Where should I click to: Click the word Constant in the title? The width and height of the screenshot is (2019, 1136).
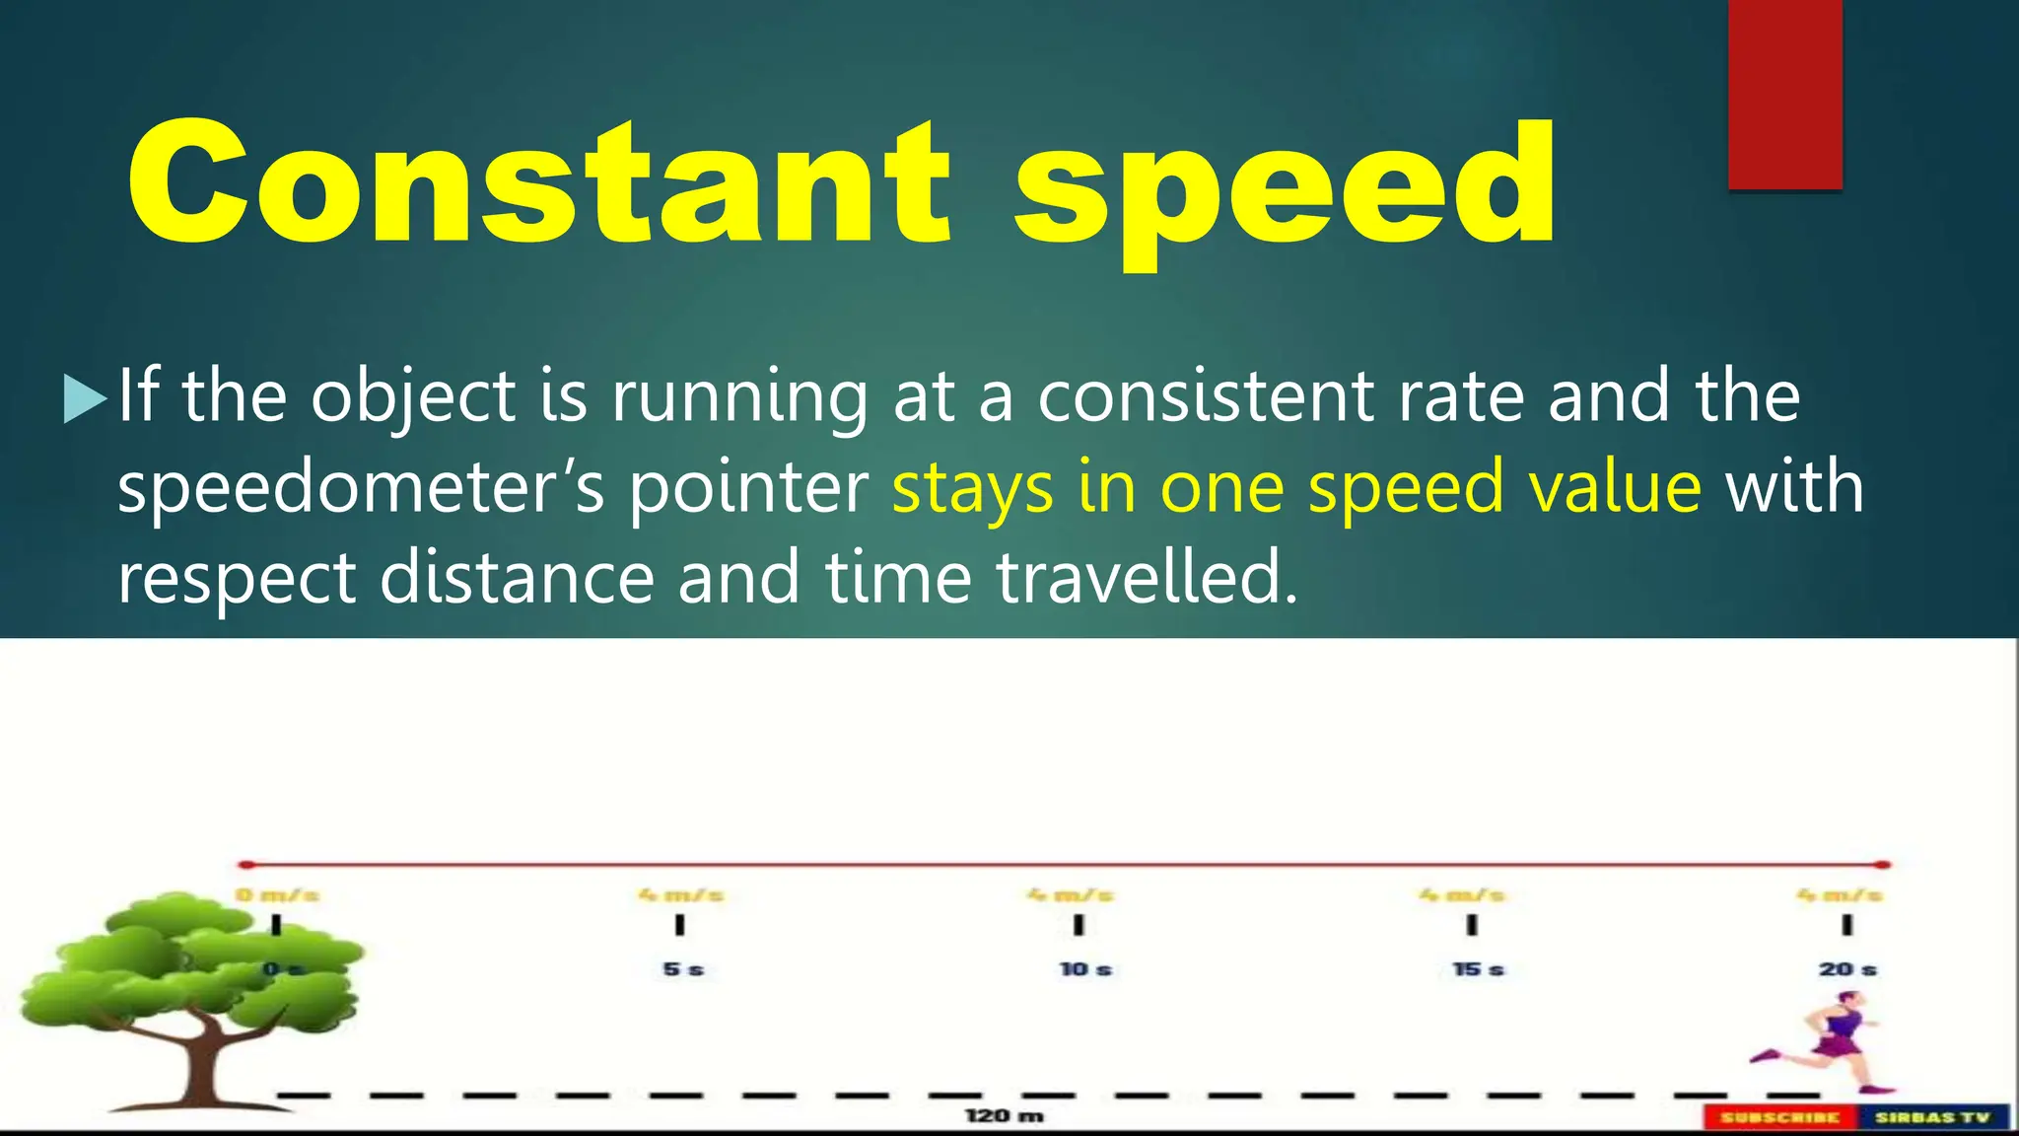[538, 182]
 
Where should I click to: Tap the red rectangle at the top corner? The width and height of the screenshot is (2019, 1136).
[1785, 94]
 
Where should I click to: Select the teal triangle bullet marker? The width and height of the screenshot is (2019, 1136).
[85, 398]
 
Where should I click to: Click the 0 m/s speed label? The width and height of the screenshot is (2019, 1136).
[277, 895]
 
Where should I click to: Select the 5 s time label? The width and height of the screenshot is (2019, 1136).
[683, 969]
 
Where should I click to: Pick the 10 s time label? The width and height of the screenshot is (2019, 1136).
[1085, 969]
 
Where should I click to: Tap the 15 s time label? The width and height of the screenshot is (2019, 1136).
[1478, 969]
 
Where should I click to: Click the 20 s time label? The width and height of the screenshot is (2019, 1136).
[1847, 969]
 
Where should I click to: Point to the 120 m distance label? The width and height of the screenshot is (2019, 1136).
[1004, 1115]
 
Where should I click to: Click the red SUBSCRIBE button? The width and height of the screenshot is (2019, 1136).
[1779, 1117]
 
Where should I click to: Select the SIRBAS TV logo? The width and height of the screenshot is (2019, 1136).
[1932, 1117]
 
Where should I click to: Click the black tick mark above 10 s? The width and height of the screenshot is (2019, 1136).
[1079, 925]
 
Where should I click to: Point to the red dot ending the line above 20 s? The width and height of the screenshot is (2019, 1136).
[1883, 865]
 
